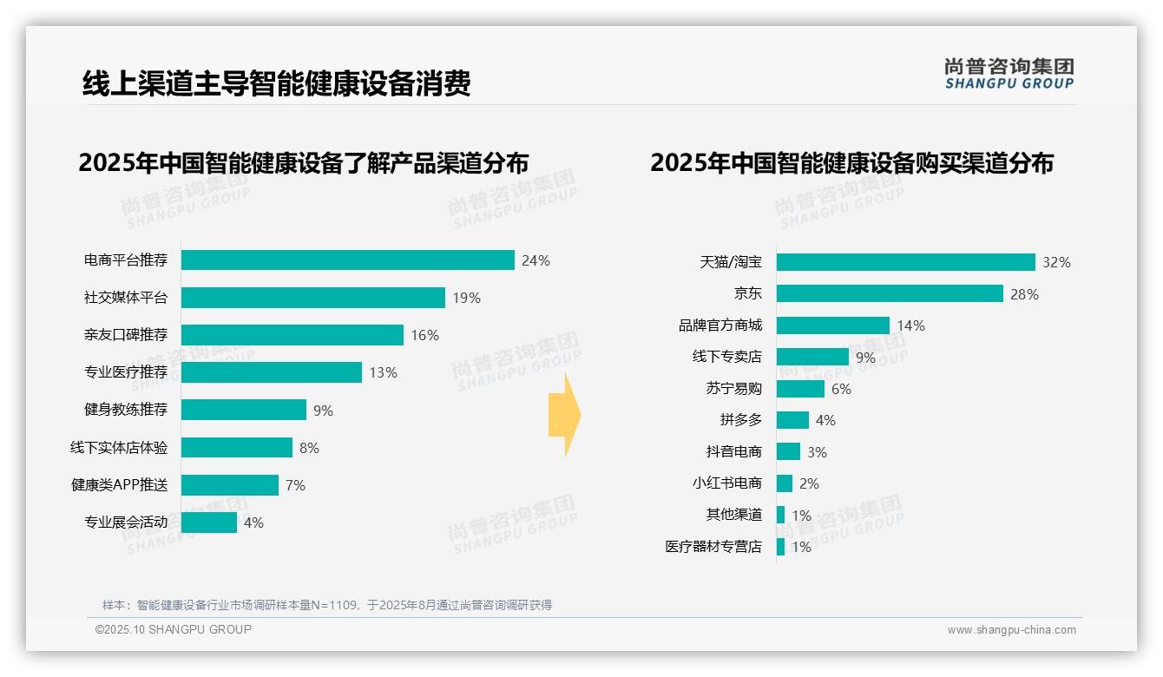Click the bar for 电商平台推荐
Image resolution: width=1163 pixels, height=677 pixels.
[347, 260]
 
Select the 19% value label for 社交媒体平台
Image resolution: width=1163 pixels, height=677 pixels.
[466, 299]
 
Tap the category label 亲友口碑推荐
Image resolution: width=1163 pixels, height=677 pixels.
[126, 335]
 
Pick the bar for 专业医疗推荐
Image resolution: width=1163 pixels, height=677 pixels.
[271, 372]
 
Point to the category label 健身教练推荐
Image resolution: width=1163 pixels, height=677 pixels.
[126, 410]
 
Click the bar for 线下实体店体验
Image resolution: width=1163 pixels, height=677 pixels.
[236, 448]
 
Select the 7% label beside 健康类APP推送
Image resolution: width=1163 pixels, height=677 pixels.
[295, 485]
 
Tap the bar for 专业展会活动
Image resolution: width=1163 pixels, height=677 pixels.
[208, 523]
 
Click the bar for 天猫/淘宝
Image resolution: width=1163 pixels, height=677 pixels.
[905, 262]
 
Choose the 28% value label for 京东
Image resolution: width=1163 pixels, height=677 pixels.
[1024, 294]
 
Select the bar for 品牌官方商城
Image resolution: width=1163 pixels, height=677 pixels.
[832, 325]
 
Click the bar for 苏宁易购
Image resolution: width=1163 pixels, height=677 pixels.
[800, 389]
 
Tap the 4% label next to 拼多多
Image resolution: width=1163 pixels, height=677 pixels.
[825, 420]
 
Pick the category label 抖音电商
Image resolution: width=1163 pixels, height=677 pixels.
[733, 452]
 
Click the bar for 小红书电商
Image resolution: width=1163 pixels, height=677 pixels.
[784, 483]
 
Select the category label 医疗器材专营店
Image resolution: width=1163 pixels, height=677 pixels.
[713, 547]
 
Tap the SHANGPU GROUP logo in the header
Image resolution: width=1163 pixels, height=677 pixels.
[1009, 74]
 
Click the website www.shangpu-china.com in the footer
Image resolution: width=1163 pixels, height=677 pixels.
[1011, 630]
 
